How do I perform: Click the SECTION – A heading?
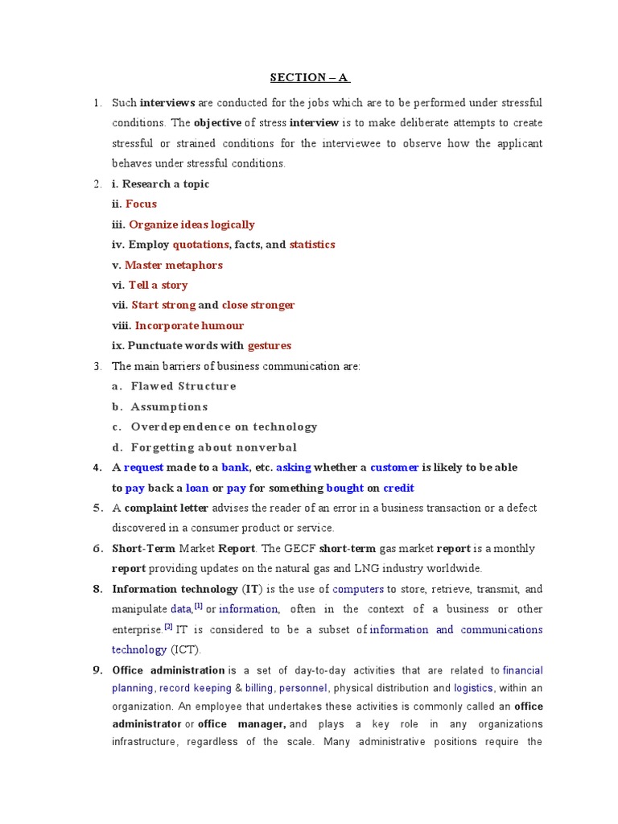pos(309,77)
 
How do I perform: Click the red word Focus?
pos(141,204)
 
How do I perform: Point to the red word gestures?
pos(269,346)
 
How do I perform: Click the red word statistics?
pos(312,245)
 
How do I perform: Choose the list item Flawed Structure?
pos(183,386)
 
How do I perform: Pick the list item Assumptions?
pos(169,406)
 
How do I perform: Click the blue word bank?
pos(235,468)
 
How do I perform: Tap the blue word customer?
pos(394,468)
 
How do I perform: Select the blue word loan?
pos(197,488)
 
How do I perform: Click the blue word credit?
pos(398,488)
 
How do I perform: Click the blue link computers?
pos(358,589)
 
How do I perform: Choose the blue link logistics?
pos(473,689)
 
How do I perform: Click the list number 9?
pos(97,669)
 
